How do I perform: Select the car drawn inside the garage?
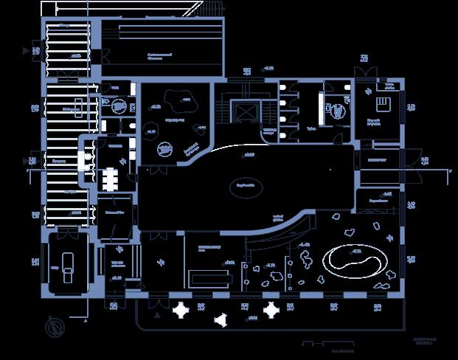pyautogui.click(x=69, y=264)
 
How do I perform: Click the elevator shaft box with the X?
pyautogui.click(x=244, y=111)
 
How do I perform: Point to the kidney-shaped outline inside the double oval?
pyautogui.click(x=354, y=259)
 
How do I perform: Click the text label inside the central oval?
pyautogui.click(x=246, y=185)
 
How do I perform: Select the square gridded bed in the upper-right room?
pyautogui.click(x=384, y=102)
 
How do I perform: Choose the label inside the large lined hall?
pyautogui.click(x=159, y=55)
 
